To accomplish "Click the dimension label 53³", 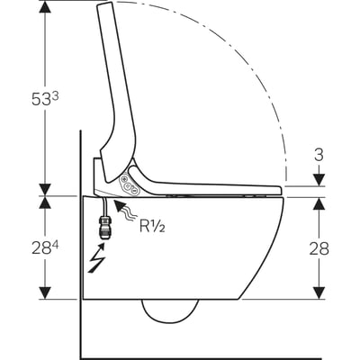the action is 45,98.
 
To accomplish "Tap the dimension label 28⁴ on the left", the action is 45,248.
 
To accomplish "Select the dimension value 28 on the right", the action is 319,248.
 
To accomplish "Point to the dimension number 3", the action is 319,155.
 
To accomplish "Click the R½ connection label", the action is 152,226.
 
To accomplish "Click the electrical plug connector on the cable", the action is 103,229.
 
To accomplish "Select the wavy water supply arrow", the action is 126,211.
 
